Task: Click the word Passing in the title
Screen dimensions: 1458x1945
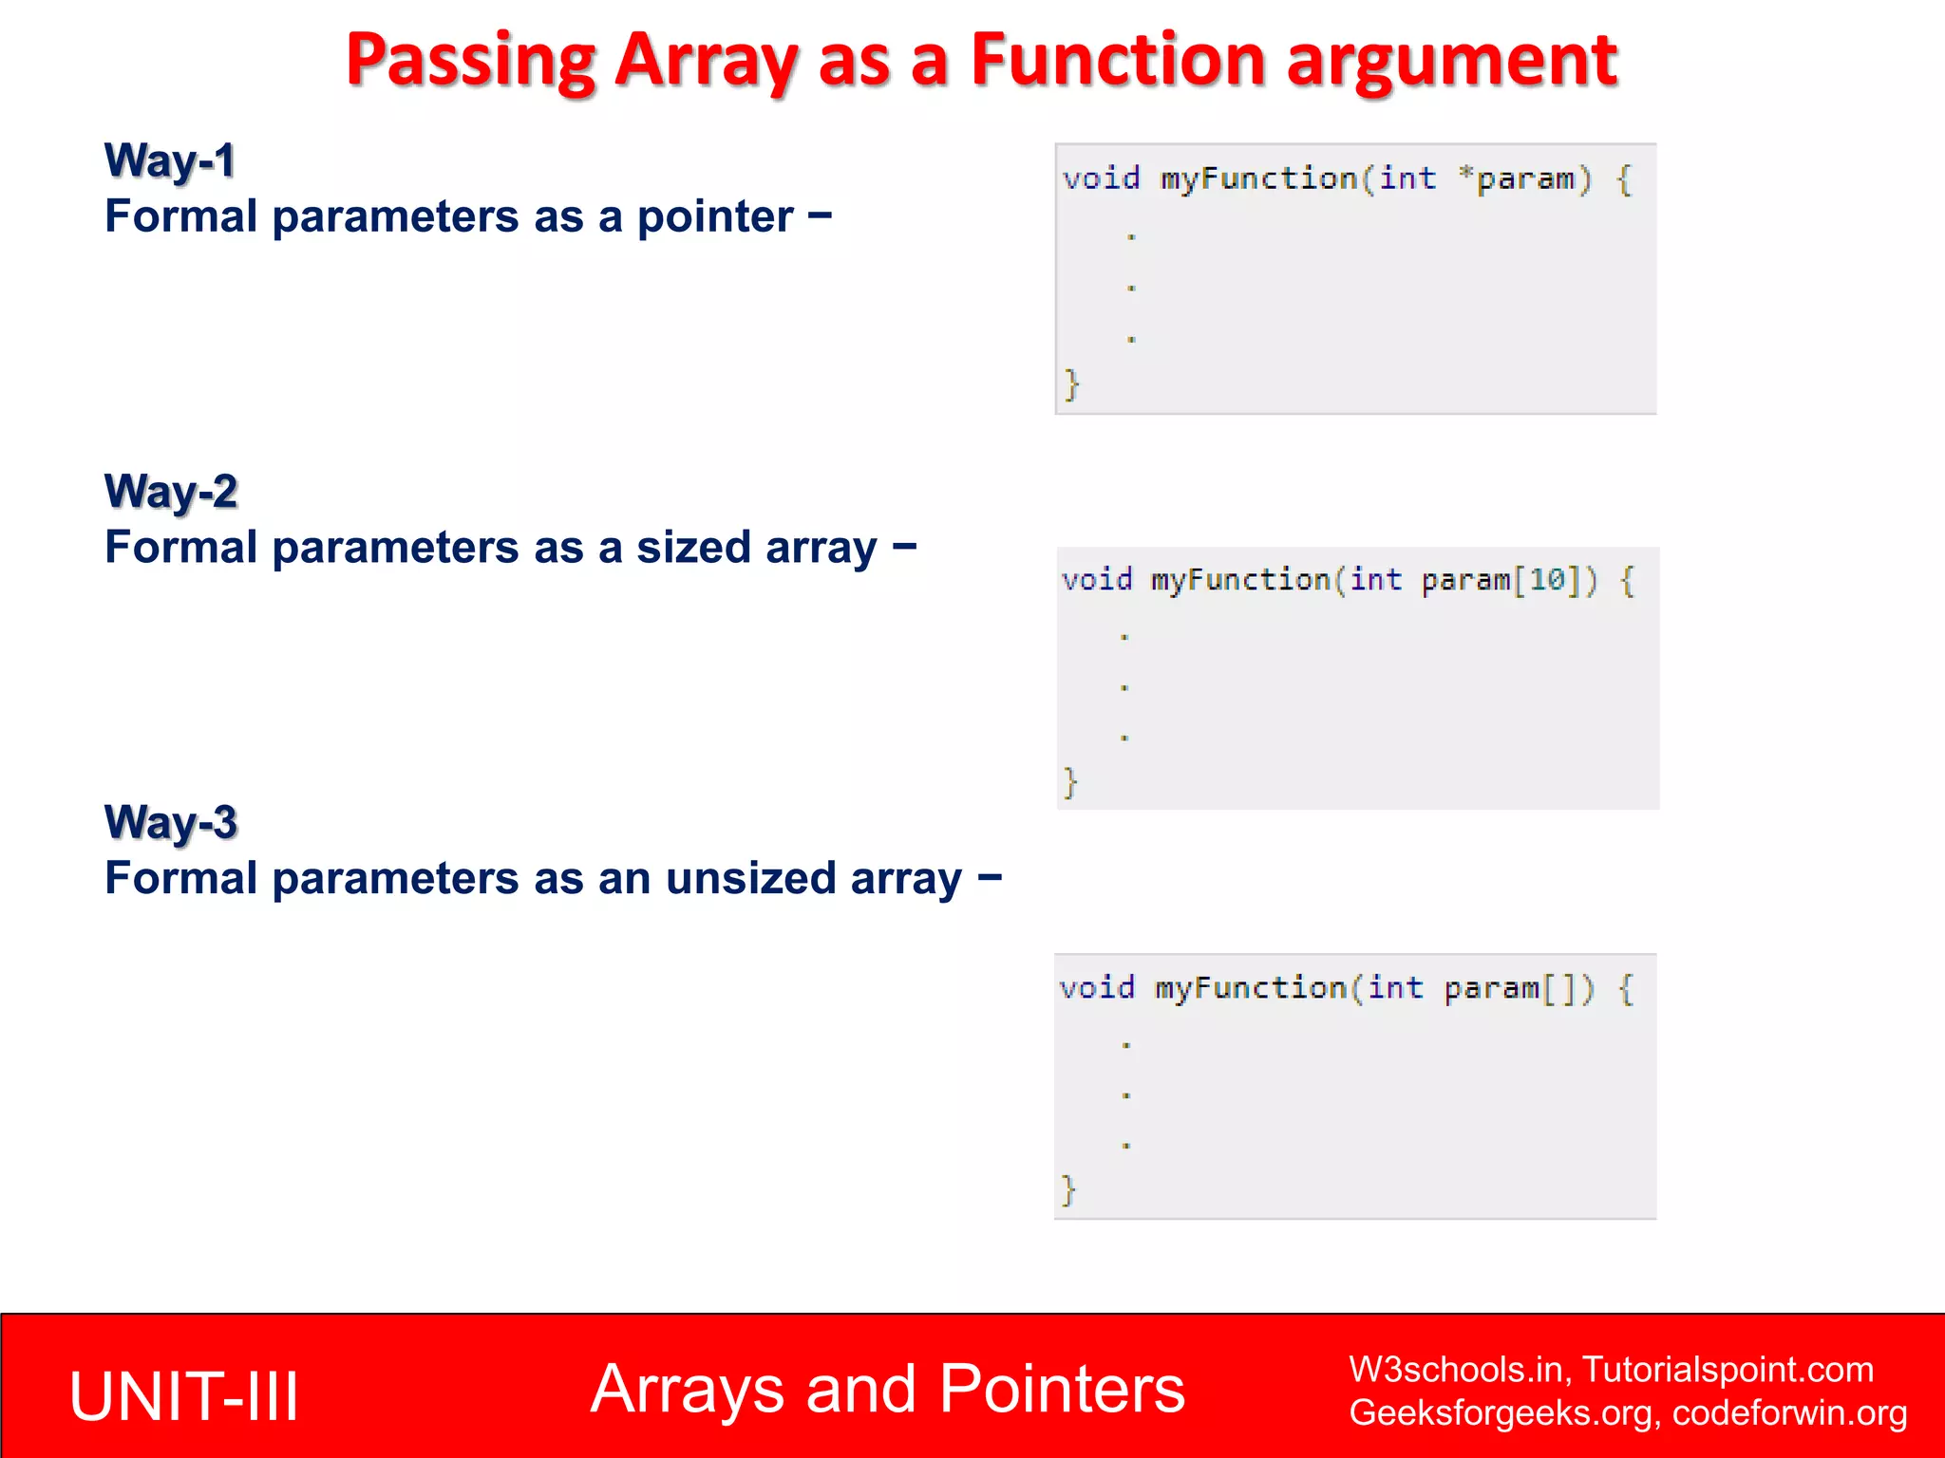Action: click(x=470, y=61)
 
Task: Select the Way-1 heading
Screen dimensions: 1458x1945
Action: click(x=169, y=160)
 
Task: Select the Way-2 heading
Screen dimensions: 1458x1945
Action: click(x=171, y=492)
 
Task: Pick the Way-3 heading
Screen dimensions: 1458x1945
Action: click(x=171, y=822)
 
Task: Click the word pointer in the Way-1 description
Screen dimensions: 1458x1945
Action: click(x=714, y=217)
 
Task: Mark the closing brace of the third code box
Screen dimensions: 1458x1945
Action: click(x=1068, y=1188)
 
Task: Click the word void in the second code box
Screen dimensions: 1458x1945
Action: click(x=1097, y=580)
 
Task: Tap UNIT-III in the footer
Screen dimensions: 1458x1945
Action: click(x=184, y=1396)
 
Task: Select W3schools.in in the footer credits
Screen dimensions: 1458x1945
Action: click(x=1459, y=1370)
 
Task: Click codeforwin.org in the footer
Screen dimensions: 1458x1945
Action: click(x=1789, y=1413)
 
